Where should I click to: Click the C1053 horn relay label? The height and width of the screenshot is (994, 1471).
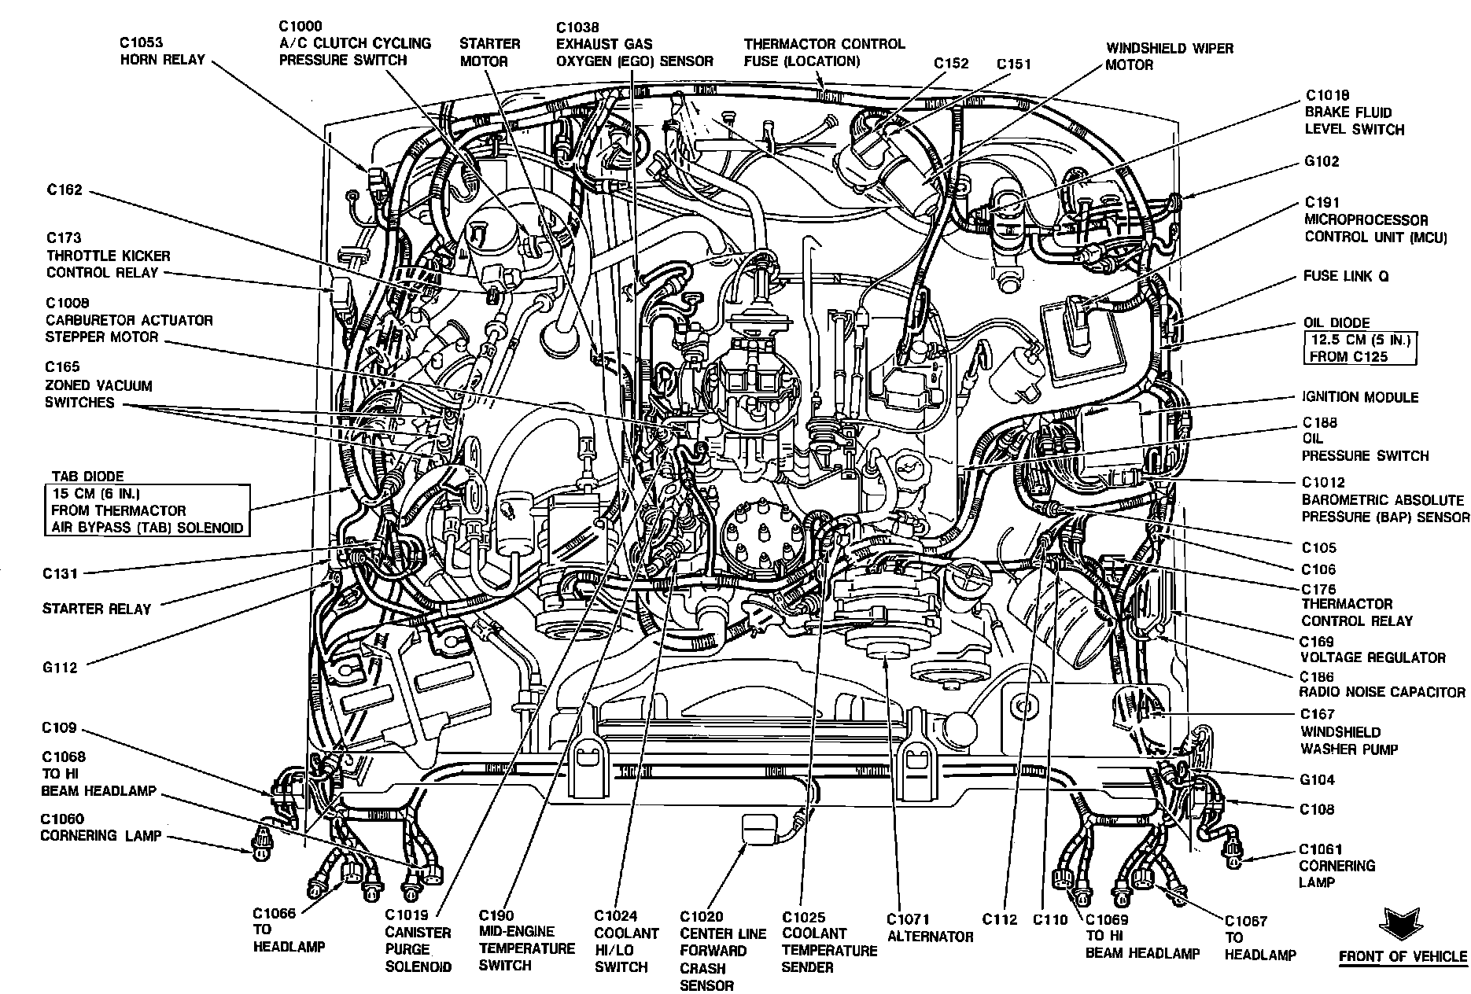[x=162, y=50]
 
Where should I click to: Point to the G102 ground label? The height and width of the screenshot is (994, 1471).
[x=1322, y=162]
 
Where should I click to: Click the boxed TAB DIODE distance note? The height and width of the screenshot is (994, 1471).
[x=148, y=510]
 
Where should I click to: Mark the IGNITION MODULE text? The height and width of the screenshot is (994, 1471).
[x=1360, y=397]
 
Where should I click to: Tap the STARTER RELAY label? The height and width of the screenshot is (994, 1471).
[x=97, y=608]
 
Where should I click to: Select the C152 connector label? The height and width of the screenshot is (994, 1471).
[x=951, y=64]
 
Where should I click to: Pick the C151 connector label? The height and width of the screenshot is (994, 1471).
[x=1013, y=64]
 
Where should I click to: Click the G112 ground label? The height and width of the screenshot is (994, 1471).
[x=61, y=668]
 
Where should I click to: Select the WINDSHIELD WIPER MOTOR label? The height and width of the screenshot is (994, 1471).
[x=1169, y=56]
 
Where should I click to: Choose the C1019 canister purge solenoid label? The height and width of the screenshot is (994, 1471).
[x=418, y=941]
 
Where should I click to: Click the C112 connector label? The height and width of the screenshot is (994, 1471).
[x=999, y=919]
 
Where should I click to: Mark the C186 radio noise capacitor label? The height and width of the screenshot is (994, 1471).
[x=1382, y=684]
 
